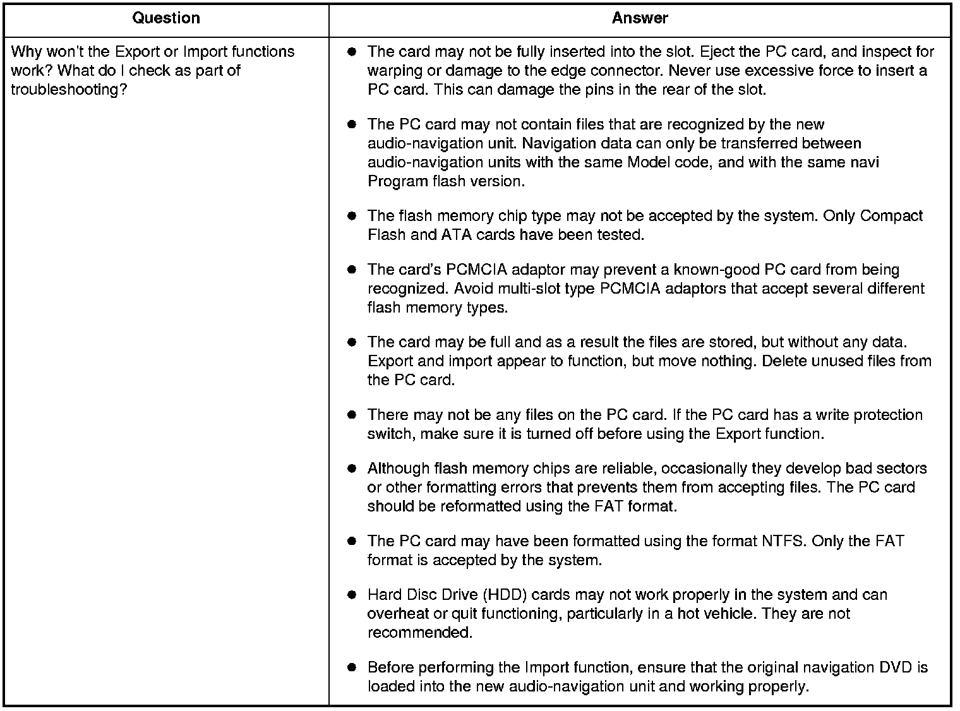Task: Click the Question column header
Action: click(x=166, y=18)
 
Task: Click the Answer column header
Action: click(x=639, y=18)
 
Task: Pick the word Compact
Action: click(x=891, y=216)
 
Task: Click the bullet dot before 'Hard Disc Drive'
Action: click(x=352, y=595)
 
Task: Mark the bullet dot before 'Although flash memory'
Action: click(x=352, y=469)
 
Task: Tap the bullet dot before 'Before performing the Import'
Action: click(x=352, y=667)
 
